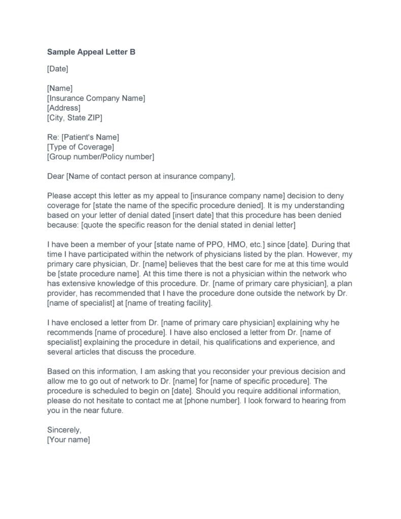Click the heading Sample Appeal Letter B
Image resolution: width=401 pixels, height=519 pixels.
coord(91,52)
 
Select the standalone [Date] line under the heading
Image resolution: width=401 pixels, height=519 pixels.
coord(57,68)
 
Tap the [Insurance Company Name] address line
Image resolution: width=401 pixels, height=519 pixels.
coord(96,98)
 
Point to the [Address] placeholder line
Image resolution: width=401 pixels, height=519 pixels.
coord(63,108)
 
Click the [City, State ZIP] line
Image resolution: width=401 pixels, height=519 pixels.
coord(74,118)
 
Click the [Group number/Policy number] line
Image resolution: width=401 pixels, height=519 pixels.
coord(100,157)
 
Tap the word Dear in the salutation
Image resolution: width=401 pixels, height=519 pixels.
coord(55,176)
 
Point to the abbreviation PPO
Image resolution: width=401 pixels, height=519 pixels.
coord(219,245)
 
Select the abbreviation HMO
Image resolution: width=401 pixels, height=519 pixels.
coord(242,245)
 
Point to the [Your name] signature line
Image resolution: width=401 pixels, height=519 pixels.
coord(68,440)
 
